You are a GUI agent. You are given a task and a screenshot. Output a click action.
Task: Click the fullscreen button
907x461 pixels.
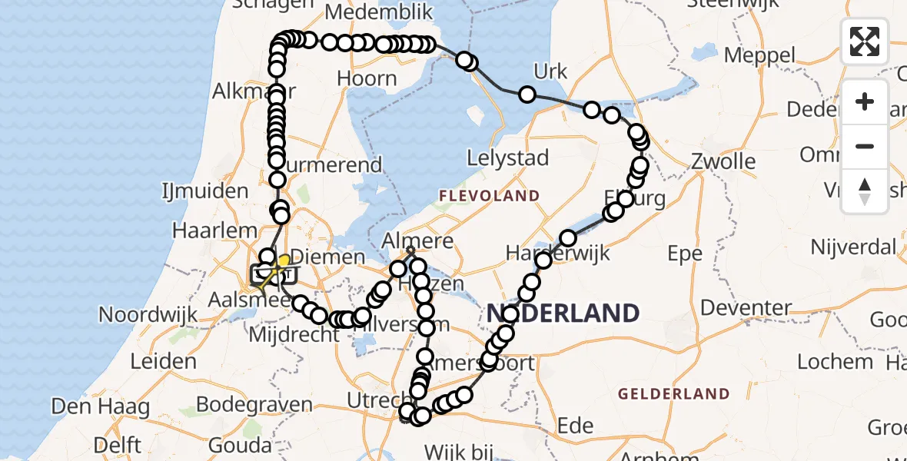tap(865, 41)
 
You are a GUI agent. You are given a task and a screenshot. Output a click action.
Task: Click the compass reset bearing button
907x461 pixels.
tap(865, 191)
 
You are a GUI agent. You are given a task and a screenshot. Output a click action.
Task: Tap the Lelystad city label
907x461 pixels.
tap(508, 159)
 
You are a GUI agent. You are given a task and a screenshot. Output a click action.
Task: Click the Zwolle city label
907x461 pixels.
tap(723, 162)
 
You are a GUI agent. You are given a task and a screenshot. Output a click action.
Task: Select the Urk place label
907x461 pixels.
tap(550, 72)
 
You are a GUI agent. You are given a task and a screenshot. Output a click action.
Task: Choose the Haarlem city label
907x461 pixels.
tap(214, 230)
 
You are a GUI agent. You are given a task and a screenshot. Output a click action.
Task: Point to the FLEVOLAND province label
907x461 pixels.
tap(489, 196)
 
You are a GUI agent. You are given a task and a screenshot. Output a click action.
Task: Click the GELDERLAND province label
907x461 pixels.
tap(673, 394)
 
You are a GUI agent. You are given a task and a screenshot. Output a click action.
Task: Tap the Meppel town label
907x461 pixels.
tap(759, 55)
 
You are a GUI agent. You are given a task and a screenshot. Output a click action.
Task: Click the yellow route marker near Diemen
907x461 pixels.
tap(284, 261)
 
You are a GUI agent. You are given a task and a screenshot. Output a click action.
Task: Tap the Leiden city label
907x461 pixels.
tap(163, 361)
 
